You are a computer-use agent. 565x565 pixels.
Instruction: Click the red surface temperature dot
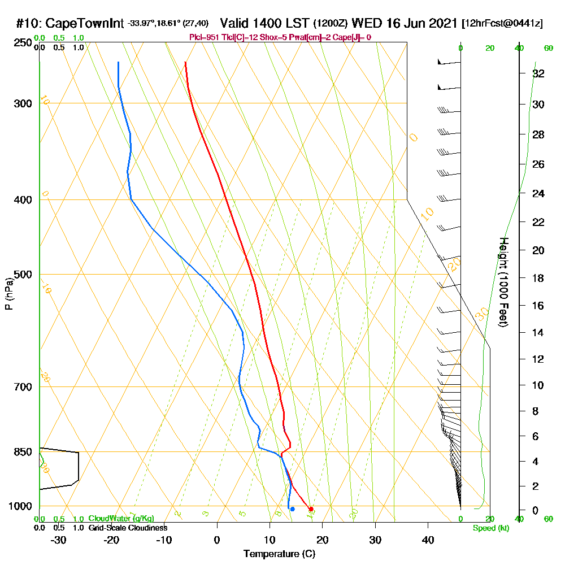[311, 509]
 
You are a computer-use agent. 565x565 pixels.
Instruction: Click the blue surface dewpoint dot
[292, 509]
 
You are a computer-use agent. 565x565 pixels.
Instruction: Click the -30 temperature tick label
[58, 540]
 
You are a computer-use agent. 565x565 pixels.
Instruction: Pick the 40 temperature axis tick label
[428, 540]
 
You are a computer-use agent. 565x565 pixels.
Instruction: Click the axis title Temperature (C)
[279, 554]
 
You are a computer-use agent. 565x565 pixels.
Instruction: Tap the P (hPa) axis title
[9, 294]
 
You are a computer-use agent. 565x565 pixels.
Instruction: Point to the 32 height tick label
[538, 73]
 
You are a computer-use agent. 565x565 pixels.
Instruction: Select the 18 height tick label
[538, 278]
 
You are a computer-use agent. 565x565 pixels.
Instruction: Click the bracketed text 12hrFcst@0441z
[502, 24]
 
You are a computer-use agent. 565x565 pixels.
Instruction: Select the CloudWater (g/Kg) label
[121, 519]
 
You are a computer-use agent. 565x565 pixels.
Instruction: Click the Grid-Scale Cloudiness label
[127, 528]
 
